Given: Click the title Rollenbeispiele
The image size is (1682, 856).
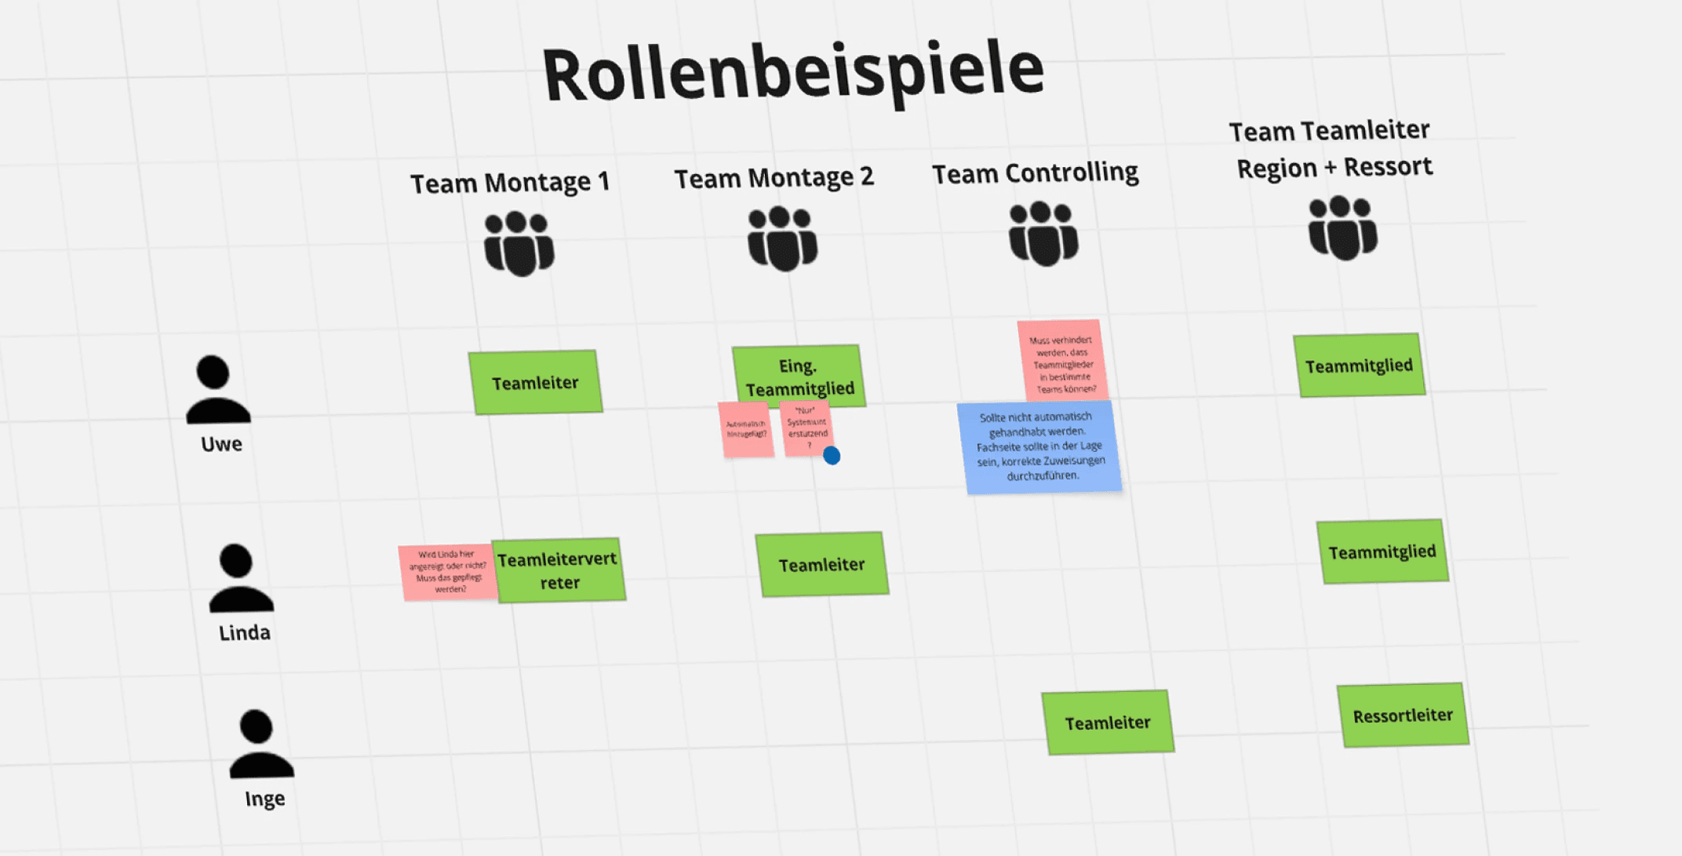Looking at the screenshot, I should pyautogui.click(x=792, y=72).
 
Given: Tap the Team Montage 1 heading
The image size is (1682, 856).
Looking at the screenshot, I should pyautogui.click(x=510, y=183).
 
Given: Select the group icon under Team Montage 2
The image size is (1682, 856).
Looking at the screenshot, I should pyautogui.click(x=782, y=239).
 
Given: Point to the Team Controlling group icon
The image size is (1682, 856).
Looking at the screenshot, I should pyautogui.click(x=1043, y=233).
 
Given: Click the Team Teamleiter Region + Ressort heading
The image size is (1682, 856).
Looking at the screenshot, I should pyautogui.click(x=1332, y=149).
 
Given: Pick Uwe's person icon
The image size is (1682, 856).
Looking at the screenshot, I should pyautogui.click(x=217, y=390).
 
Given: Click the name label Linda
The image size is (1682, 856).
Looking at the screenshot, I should pyautogui.click(x=245, y=632).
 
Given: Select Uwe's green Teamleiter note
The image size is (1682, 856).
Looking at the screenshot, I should pyautogui.click(x=535, y=382).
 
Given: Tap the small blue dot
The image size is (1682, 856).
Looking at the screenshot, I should pyautogui.click(x=832, y=455).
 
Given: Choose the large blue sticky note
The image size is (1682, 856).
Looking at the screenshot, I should pyautogui.click(x=1039, y=446).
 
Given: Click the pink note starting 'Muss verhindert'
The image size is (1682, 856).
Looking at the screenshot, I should pyautogui.click(x=1063, y=362).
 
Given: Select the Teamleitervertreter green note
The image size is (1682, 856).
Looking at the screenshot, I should pyautogui.click(x=559, y=570).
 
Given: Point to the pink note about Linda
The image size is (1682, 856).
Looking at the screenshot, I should pyautogui.click(x=447, y=572).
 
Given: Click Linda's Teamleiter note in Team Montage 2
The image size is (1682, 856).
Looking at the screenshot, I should pyautogui.click(x=821, y=564).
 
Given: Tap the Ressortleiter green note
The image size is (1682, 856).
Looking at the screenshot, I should pyautogui.click(x=1402, y=715).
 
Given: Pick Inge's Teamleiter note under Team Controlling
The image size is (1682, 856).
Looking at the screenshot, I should pyautogui.click(x=1107, y=722).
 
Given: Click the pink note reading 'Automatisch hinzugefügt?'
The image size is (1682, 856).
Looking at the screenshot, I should pyautogui.click(x=745, y=429).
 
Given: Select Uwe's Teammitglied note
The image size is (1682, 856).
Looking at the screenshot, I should pyautogui.click(x=1359, y=366).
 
